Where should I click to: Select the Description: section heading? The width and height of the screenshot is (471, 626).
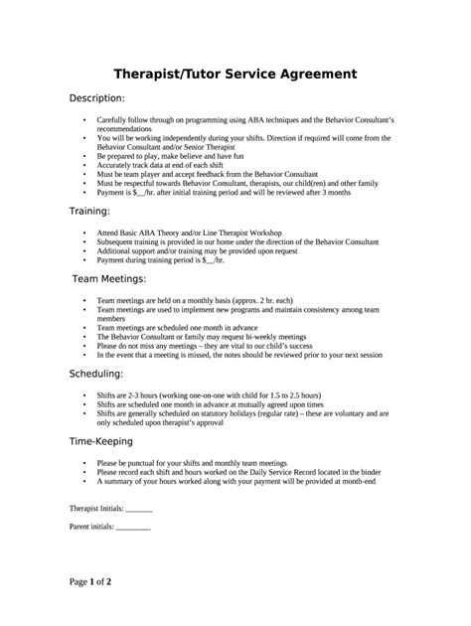(96, 99)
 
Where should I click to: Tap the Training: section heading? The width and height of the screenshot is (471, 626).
(88, 212)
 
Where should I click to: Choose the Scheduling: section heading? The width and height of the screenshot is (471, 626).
(95, 374)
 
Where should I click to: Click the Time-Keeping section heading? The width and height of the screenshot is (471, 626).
(106, 439)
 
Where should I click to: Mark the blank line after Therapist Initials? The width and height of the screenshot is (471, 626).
(139, 508)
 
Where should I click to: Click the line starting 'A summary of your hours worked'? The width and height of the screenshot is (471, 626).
(235, 480)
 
